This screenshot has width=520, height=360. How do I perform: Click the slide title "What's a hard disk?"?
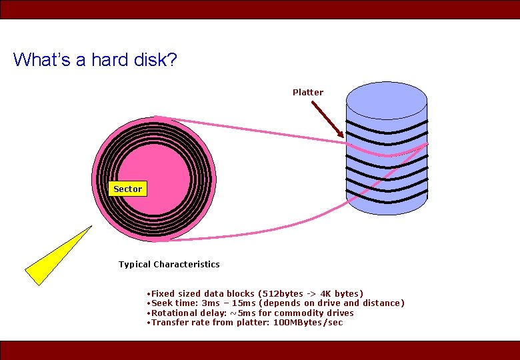95,60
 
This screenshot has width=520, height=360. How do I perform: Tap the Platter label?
308,93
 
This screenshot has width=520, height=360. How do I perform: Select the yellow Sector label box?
127,189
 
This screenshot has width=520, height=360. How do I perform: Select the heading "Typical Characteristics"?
169,265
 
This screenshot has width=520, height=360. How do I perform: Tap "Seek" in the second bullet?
163,303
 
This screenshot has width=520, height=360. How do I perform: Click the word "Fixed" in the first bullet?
164,294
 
